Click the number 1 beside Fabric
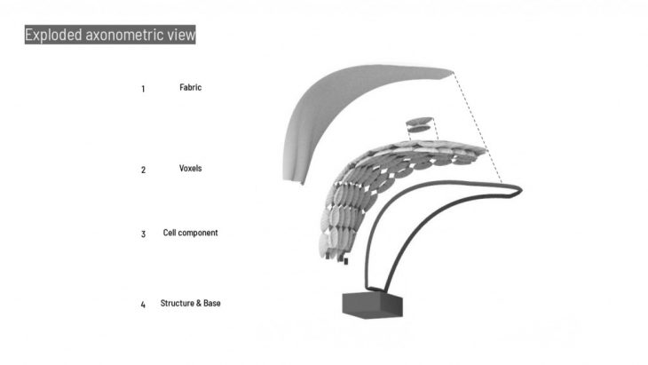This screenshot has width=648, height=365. tap(143, 89)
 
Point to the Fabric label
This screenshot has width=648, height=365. tap(191, 88)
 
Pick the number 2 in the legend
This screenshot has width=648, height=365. tap(143, 170)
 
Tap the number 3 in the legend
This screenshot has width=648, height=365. tap(143, 234)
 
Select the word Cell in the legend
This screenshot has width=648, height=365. tap(170, 233)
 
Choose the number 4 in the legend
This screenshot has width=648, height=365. tap(143, 305)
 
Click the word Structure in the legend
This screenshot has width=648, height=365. tap(177, 303)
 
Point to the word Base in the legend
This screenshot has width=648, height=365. tap(211, 303)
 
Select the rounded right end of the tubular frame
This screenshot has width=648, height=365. tap(518, 189)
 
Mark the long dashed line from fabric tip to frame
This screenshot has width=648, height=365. tap(479, 130)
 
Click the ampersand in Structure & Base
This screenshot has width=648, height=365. tap(197, 303)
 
